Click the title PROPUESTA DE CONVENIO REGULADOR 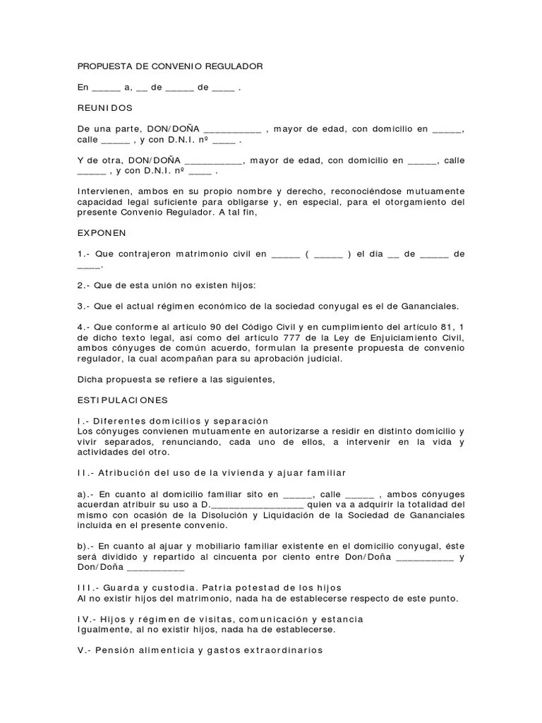[169, 66]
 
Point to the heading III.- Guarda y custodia [210, 587]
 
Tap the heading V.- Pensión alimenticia [200, 650]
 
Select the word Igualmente [104, 629]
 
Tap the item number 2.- [85, 285]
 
